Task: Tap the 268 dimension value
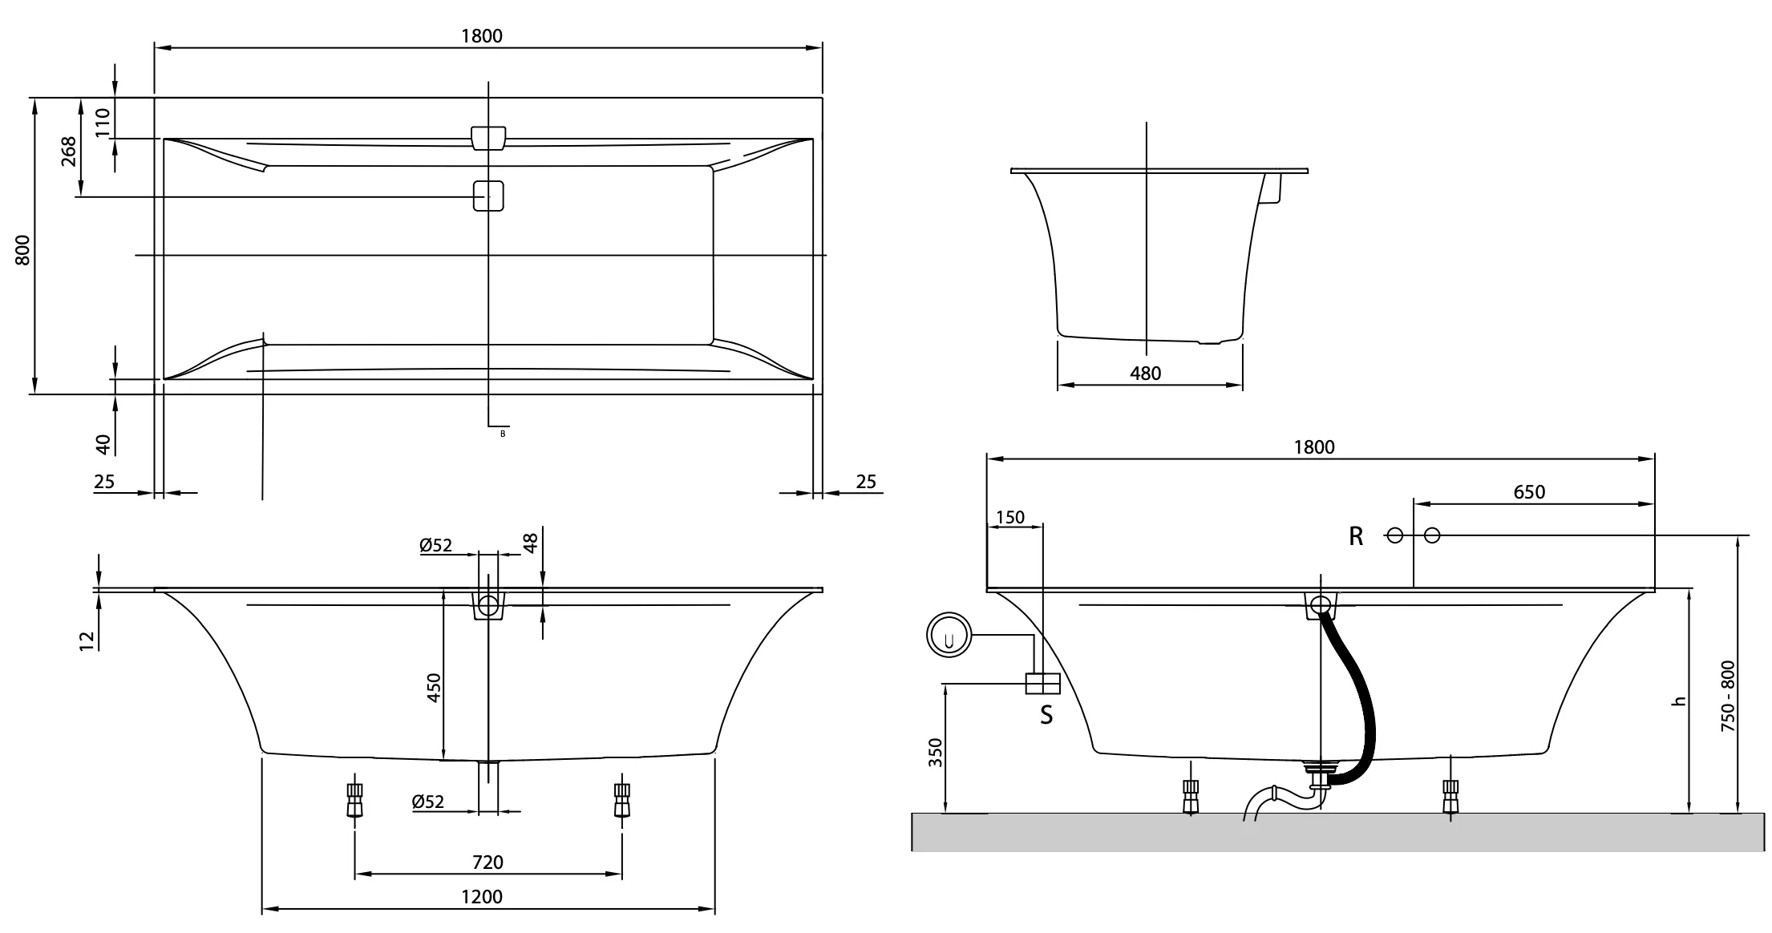pyautogui.click(x=69, y=151)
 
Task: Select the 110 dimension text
pyautogui.click(x=103, y=123)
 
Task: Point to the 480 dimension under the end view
pyautogui.click(x=1145, y=373)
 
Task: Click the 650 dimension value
pyautogui.click(x=1529, y=492)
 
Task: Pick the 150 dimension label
pyautogui.click(x=1009, y=517)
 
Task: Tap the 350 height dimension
pyautogui.click(x=936, y=753)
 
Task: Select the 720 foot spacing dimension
pyautogui.click(x=488, y=862)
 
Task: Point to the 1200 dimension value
pyautogui.click(x=483, y=896)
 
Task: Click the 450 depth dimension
pyautogui.click(x=434, y=688)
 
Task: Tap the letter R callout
pyautogui.click(x=1356, y=537)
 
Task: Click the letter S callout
pyautogui.click(x=1046, y=714)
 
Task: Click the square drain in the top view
pyautogui.click(x=488, y=196)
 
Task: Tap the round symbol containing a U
pyautogui.click(x=949, y=636)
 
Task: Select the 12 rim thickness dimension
pyautogui.click(x=87, y=639)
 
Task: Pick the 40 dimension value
pyautogui.click(x=103, y=443)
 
